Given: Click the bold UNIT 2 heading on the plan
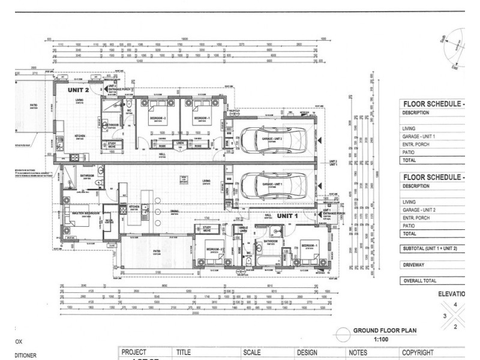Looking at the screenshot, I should (x=78, y=90).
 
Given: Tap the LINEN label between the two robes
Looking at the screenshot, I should (x=179, y=143).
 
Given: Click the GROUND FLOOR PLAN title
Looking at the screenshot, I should (x=385, y=331).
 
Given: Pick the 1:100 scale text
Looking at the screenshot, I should (x=382, y=339).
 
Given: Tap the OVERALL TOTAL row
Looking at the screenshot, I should (x=420, y=281).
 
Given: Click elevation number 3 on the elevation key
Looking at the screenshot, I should (x=445, y=316).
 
